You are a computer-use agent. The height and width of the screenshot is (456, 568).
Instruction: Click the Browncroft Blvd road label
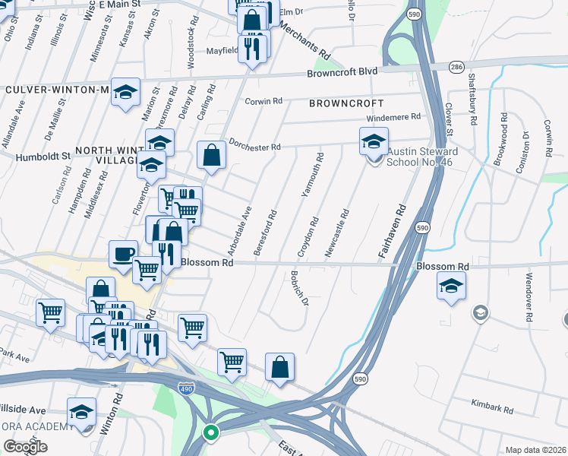pos(342,72)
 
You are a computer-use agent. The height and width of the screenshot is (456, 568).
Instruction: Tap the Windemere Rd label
pos(393,117)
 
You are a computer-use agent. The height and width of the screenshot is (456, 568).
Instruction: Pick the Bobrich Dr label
pos(299,288)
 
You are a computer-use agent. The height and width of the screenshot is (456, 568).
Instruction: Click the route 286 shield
pos(456,68)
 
